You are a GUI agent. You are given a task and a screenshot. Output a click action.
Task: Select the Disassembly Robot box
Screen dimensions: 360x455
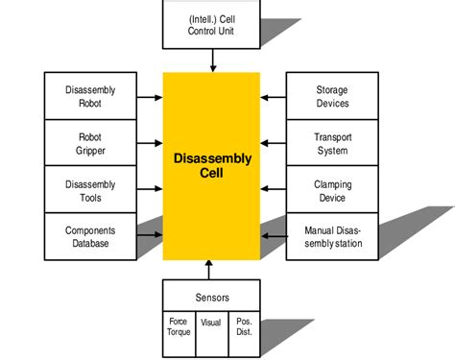(x=90, y=97)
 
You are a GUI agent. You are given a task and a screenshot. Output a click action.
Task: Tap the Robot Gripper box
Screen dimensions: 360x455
(x=90, y=144)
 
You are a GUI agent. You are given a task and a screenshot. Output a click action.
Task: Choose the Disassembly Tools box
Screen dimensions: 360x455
(x=90, y=190)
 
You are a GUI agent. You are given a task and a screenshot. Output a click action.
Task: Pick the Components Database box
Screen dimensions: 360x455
(x=90, y=236)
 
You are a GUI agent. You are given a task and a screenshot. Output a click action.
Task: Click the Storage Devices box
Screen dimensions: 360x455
(x=332, y=97)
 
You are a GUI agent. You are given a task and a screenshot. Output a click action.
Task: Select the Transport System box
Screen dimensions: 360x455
(x=332, y=144)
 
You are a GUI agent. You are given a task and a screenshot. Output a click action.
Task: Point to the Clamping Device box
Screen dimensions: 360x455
(x=332, y=190)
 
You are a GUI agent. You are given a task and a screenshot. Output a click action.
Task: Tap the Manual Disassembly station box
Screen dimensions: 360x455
(x=332, y=236)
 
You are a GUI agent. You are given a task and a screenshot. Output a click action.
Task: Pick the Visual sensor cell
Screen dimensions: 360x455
(x=211, y=324)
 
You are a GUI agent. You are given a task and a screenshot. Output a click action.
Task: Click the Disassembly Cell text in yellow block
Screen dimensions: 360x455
(x=211, y=166)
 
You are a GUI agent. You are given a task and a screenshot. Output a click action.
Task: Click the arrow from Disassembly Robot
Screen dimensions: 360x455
(x=149, y=97)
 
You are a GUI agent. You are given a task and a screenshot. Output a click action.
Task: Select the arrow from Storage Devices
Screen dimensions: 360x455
(x=274, y=97)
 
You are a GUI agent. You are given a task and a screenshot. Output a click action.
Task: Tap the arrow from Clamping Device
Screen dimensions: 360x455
(x=274, y=190)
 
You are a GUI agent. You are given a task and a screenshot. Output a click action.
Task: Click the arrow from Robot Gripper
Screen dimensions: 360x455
(x=149, y=144)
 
